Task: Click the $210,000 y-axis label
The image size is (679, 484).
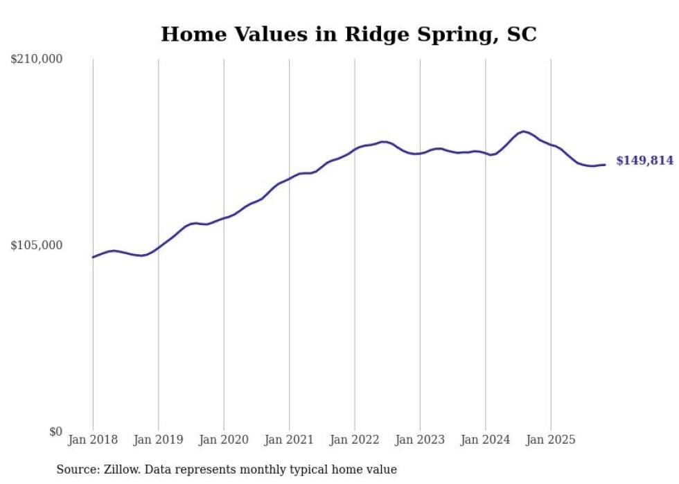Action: [37, 60]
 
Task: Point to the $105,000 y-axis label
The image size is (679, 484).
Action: [37, 245]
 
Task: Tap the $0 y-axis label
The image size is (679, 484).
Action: [55, 431]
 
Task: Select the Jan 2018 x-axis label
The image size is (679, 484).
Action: [93, 440]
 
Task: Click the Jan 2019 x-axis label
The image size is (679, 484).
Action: [159, 440]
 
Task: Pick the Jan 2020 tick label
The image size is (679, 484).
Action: [224, 440]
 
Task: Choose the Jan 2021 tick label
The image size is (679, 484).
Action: [290, 440]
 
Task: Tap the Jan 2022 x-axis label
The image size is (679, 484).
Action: [355, 440]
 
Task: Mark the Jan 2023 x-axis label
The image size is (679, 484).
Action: [420, 440]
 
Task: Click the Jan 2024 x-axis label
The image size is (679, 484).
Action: [486, 440]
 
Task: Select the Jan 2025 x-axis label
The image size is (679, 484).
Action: [551, 440]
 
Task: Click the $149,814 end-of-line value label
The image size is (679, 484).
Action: [644, 161]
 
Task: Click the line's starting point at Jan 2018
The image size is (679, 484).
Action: [93, 257]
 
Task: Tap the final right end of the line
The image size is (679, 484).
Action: [605, 165]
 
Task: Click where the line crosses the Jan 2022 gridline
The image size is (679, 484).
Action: [355, 148]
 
